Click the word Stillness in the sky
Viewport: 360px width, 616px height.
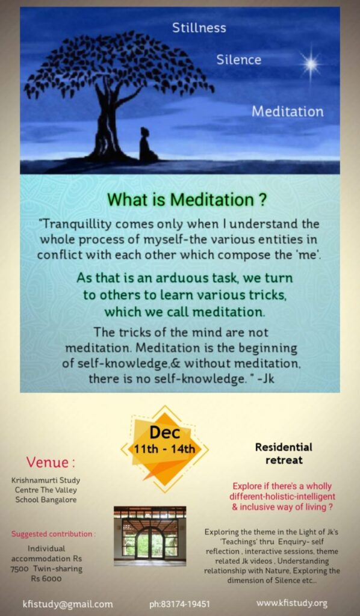coord(199,28)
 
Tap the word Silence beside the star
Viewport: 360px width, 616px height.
coord(238,60)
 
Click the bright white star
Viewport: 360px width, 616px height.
coord(311,65)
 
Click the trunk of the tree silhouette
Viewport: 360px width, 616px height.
coord(105,126)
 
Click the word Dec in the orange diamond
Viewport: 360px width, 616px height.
coord(165,433)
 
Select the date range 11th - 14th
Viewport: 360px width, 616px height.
coord(164,448)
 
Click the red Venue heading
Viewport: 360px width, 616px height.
coord(51,463)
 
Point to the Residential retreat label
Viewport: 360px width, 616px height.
coord(284,454)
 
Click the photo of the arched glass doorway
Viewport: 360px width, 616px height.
coord(150,536)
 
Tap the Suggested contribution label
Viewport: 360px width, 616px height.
coord(54,534)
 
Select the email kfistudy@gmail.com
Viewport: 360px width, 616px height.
coord(67,604)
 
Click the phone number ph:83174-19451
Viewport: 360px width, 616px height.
coord(179,604)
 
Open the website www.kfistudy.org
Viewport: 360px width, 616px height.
coord(291,603)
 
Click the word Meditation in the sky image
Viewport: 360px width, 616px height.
coord(288,111)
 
